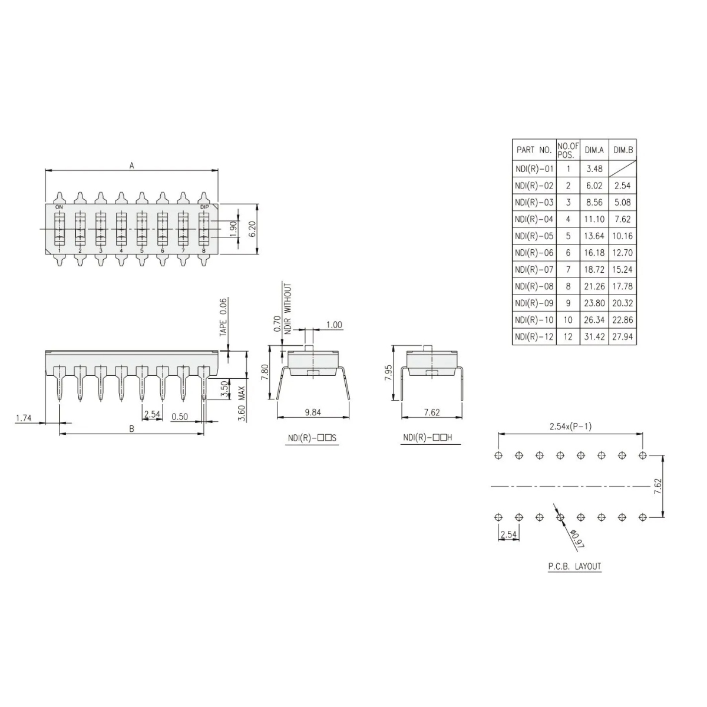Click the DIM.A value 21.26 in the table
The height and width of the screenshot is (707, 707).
(594, 286)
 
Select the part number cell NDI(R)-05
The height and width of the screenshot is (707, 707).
(534, 236)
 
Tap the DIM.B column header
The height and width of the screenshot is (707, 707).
(623, 150)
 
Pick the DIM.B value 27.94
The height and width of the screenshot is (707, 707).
(623, 336)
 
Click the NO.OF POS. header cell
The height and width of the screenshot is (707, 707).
(568, 150)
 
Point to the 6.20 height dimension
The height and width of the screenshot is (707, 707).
(252, 229)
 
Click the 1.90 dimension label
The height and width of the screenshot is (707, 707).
(233, 229)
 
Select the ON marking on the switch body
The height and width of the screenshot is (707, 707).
(59, 207)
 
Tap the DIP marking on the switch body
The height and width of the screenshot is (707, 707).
(204, 207)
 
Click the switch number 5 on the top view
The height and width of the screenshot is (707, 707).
(141, 251)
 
